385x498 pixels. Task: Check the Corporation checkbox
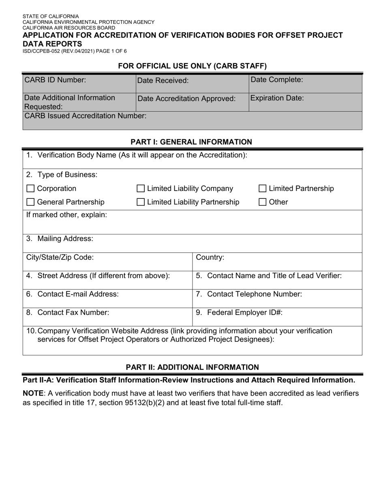pyautogui.click(x=30, y=189)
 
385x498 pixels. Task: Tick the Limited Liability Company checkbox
pyautogui.click(x=141, y=189)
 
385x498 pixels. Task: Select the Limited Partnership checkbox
pyautogui.click(x=263, y=189)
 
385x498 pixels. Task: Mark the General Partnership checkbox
pyautogui.click(x=30, y=202)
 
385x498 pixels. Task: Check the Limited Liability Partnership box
pyautogui.click(x=141, y=202)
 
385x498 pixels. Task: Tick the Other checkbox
pyautogui.click(x=263, y=202)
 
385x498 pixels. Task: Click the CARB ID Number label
pyautogui.click(x=55, y=80)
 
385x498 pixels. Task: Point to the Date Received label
pyautogui.click(x=163, y=81)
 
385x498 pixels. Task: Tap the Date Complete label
pyautogui.click(x=277, y=80)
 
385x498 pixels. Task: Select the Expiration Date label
pyautogui.click(x=277, y=98)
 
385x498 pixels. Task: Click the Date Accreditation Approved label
pyautogui.click(x=186, y=99)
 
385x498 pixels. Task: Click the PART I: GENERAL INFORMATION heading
pyautogui.click(x=191, y=142)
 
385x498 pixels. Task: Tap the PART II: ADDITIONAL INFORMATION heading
pyautogui.click(x=192, y=367)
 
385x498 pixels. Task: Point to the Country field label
pyautogui.click(x=210, y=258)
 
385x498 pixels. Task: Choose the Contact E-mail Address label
pyautogui.click(x=73, y=294)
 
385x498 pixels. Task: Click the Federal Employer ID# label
pyautogui.click(x=239, y=313)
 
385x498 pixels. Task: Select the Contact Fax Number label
pyautogui.click(x=68, y=313)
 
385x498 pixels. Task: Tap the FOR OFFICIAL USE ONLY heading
pyautogui.click(x=192, y=66)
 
